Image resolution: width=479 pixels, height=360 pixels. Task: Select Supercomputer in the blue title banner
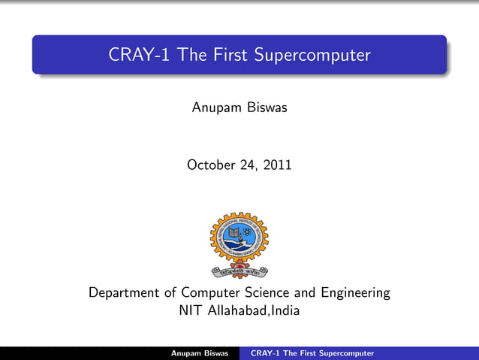(x=312, y=56)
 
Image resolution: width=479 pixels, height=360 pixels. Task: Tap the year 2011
(x=276, y=165)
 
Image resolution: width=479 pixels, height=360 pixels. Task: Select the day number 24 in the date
(x=251, y=165)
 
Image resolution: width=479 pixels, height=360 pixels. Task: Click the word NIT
(x=191, y=310)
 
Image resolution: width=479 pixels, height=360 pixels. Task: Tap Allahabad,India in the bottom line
(x=254, y=310)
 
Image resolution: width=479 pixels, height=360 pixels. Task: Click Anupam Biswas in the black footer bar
(x=200, y=353)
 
